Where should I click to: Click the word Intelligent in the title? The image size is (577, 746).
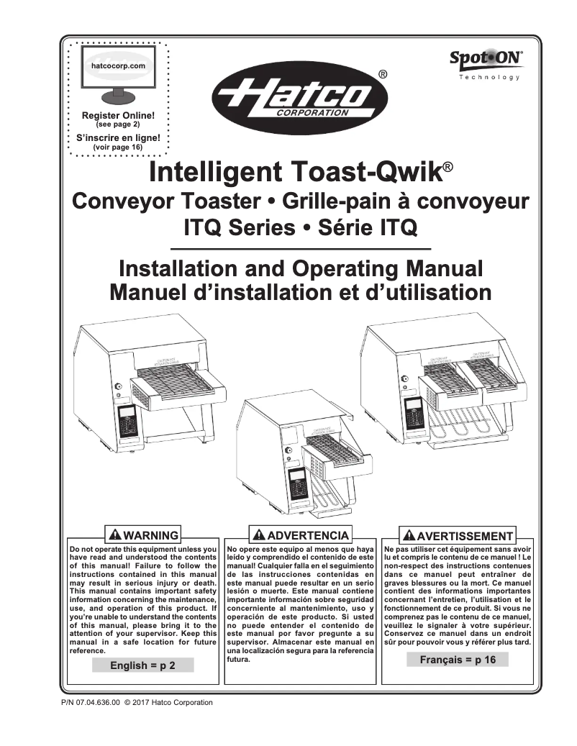click(214, 173)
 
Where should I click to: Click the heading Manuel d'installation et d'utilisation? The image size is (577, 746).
click(301, 293)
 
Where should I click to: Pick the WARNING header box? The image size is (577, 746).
click(142, 535)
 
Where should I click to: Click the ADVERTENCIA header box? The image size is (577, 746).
click(301, 535)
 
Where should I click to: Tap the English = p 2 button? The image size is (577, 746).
click(142, 666)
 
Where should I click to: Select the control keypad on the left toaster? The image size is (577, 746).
click(128, 420)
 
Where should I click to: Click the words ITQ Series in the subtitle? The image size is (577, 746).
click(239, 229)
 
